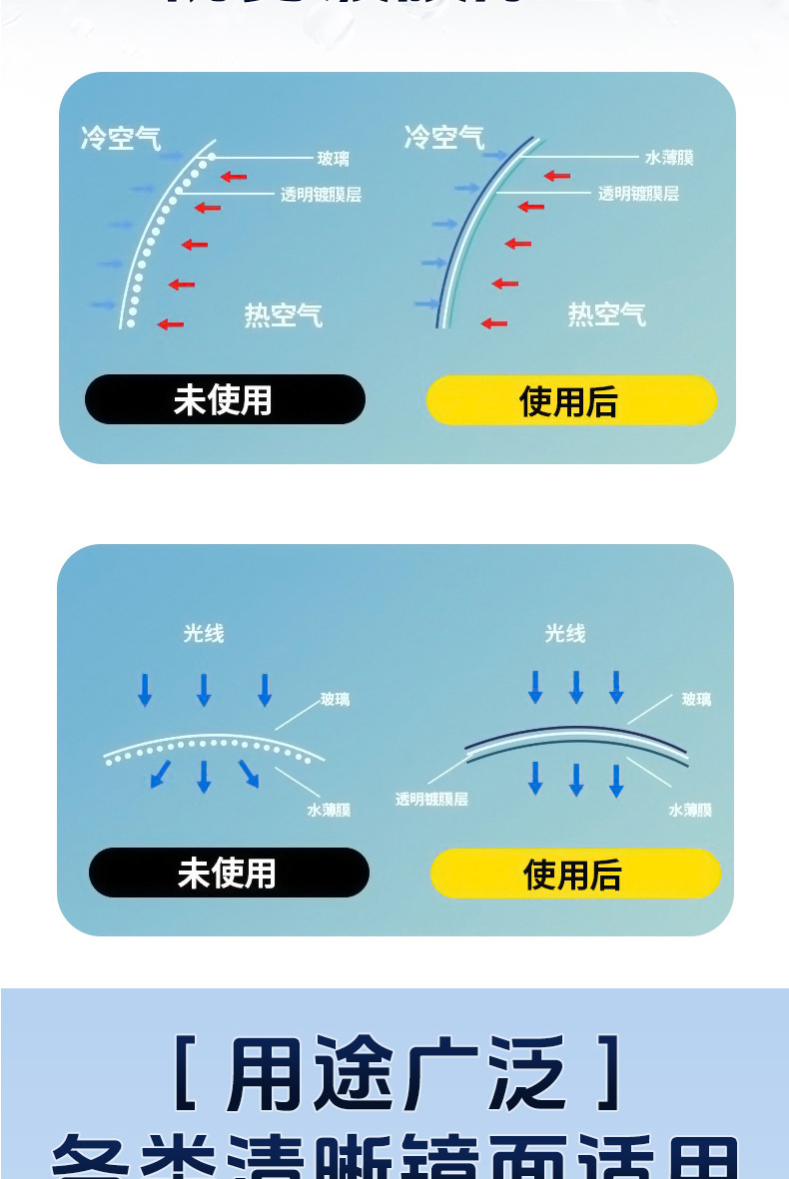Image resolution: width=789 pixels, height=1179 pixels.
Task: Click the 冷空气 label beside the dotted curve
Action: tap(121, 138)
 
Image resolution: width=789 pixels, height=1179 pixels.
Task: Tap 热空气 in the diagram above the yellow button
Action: tap(606, 314)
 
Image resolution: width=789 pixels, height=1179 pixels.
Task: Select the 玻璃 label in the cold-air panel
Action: tap(333, 158)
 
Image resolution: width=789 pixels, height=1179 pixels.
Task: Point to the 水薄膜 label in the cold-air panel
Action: tap(669, 158)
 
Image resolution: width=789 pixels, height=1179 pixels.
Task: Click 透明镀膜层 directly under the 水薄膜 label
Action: tap(638, 194)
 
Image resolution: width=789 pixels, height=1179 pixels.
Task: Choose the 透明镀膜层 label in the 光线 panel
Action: tap(431, 799)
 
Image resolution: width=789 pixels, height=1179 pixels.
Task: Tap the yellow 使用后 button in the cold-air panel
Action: tap(570, 401)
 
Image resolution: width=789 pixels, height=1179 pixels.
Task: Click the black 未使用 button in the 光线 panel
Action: tap(229, 873)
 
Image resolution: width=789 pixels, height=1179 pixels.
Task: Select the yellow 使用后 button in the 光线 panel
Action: tap(574, 875)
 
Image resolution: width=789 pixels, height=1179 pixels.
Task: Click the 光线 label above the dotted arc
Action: tap(204, 633)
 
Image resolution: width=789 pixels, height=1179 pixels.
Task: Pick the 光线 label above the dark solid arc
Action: tap(565, 633)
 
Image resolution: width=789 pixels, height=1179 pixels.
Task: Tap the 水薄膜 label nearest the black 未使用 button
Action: tap(329, 810)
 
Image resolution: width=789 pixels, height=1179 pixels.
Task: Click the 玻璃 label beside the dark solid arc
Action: tap(696, 699)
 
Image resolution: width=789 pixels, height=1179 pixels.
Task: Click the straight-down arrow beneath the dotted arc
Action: tap(204, 776)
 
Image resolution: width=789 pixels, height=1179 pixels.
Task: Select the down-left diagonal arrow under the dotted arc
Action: tap(160, 774)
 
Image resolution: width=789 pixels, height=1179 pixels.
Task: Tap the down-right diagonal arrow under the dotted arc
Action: tap(249, 774)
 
